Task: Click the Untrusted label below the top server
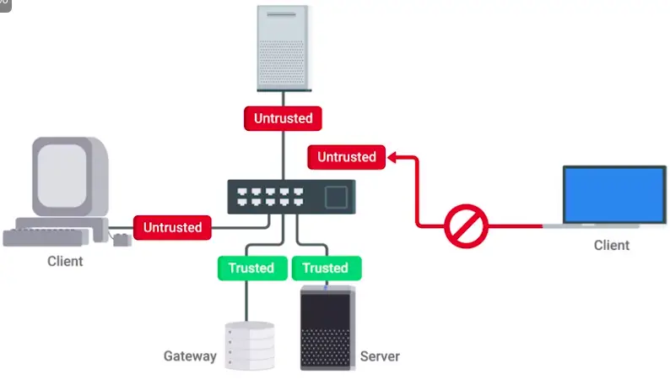[x=284, y=118]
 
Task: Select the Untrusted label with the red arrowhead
[x=346, y=157]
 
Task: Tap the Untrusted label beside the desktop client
[x=172, y=226]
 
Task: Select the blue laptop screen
[x=614, y=193]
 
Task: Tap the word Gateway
[x=190, y=356]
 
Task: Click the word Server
[x=380, y=356]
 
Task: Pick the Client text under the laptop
[x=611, y=245]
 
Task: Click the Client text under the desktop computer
[x=65, y=261]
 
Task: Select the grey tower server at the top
[x=284, y=46]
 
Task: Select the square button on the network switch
[x=337, y=198]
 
